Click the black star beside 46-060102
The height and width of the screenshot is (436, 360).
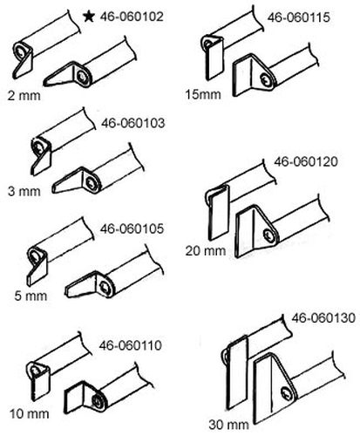[89, 17]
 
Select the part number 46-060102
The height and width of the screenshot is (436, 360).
[132, 17]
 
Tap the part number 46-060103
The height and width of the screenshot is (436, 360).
[132, 123]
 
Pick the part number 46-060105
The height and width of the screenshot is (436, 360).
[132, 228]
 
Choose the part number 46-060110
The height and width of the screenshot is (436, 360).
[130, 345]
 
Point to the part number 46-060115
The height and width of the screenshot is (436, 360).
[299, 17]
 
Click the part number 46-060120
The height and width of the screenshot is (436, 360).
[306, 161]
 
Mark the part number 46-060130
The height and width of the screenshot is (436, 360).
[323, 317]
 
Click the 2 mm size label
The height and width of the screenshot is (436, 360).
[24, 96]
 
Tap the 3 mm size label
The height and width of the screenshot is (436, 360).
[24, 192]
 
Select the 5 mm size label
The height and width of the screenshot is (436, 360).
[31, 296]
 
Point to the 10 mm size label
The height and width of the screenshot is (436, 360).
[29, 414]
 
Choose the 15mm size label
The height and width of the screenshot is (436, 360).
[203, 94]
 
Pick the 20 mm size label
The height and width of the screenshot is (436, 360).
[206, 250]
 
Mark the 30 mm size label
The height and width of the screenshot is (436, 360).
[228, 425]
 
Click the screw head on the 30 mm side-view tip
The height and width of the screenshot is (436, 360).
[287, 394]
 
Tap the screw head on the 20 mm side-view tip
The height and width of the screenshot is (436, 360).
[268, 235]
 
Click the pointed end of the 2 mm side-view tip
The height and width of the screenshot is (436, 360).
[44, 84]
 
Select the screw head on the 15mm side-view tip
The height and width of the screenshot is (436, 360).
[265, 79]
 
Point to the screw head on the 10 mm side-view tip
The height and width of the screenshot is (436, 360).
[97, 400]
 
